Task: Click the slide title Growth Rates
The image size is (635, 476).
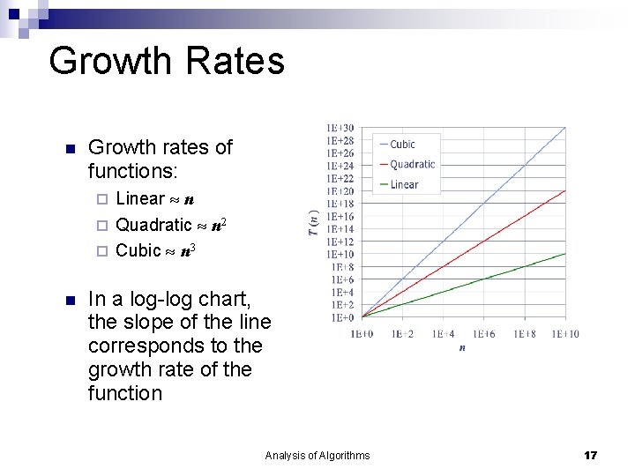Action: (x=167, y=62)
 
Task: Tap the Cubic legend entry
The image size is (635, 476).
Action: (x=402, y=144)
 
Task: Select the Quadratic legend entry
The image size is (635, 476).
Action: (x=412, y=164)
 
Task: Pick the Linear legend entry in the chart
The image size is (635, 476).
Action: (x=404, y=184)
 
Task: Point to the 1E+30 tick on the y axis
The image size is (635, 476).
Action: (x=340, y=128)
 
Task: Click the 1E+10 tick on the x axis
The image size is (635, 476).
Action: (x=565, y=334)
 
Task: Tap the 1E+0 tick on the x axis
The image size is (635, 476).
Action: (x=362, y=334)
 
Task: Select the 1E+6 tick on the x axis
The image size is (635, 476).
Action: (x=483, y=334)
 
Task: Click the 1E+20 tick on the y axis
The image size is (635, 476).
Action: (x=340, y=191)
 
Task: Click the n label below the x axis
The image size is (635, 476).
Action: (x=462, y=348)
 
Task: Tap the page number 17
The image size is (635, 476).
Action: (x=590, y=455)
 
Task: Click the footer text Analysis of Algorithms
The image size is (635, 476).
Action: (x=317, y=455)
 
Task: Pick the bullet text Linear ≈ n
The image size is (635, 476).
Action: (x=155, y=198)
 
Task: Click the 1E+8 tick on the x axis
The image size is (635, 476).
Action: (x=524, y=334)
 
